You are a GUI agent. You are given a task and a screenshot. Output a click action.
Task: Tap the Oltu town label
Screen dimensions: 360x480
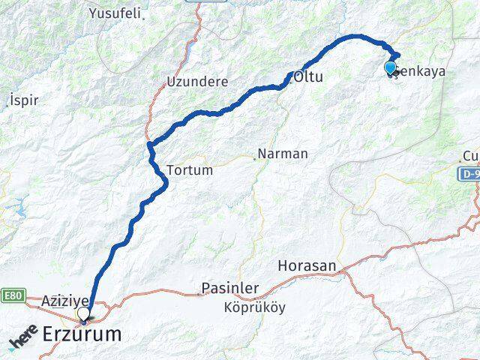309,76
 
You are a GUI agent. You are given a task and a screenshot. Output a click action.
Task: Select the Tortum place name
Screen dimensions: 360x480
190,170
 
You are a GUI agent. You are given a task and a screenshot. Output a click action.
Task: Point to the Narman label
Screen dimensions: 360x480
283,154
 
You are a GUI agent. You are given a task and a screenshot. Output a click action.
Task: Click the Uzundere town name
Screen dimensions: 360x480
196,80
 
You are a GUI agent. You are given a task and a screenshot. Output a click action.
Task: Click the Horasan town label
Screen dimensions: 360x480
307,265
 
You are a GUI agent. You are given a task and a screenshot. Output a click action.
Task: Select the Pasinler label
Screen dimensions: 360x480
230,288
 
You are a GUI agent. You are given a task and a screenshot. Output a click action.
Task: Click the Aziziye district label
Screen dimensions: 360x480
66,299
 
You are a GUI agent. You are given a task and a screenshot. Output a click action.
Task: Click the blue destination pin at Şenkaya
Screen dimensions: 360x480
390,68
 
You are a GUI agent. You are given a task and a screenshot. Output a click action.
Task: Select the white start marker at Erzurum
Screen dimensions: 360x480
83,313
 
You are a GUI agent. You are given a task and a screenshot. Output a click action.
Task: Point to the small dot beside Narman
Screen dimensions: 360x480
254,157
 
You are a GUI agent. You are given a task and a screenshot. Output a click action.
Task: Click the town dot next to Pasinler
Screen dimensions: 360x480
199,293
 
